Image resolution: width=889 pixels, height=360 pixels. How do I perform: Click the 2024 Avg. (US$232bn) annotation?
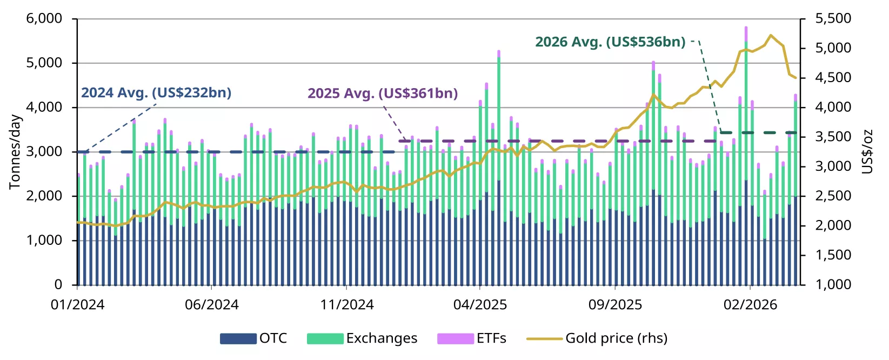(x=156, y=93)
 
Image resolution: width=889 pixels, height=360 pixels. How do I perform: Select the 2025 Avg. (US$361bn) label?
(x=383, y=94)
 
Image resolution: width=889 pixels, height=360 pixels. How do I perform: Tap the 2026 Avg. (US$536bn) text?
(x=610, y=42)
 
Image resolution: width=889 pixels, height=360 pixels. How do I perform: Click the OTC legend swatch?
(x=238, y=339)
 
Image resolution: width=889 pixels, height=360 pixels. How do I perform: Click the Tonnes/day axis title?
(x=15, y=152)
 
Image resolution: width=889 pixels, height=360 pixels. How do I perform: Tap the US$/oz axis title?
(x=867, y=152)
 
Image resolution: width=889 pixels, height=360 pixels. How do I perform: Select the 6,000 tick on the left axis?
(x=44, y=19)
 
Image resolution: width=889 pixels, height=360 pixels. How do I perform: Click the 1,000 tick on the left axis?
(x=44, y=241)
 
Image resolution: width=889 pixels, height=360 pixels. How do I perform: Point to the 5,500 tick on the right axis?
(x=833, y=19)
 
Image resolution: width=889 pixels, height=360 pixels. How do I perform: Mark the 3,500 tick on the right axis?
(x=833, y=137)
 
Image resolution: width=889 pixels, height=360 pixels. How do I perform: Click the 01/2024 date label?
(x=77, y=305)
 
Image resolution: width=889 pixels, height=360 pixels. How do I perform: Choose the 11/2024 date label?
(x=346, y=305)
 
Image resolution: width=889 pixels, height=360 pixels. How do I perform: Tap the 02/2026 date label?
(x=750, y=305)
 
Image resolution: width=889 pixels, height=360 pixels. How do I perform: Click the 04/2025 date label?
(x=480, y=305)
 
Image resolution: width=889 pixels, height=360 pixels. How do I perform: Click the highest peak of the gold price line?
(x=771, y=35)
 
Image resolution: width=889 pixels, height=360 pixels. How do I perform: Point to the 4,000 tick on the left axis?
(x=44, y=108)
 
